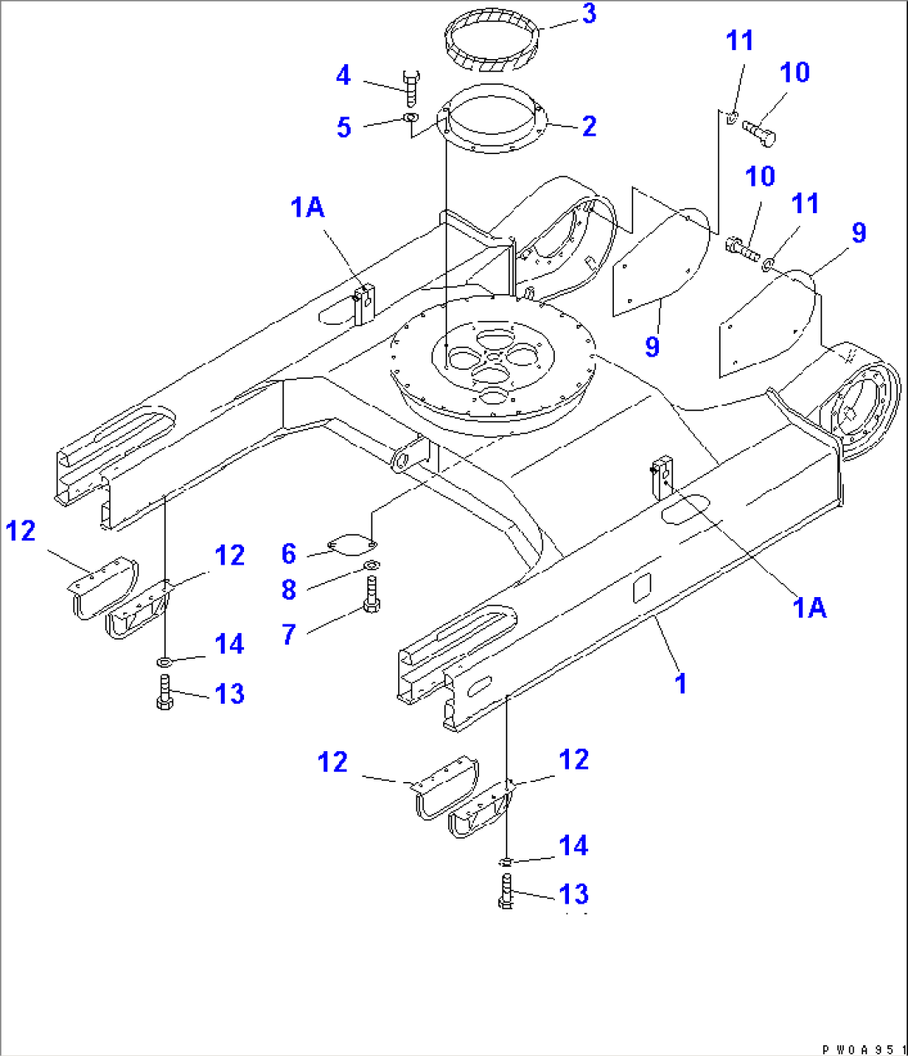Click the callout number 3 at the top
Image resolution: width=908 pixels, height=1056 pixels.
pos(589,14)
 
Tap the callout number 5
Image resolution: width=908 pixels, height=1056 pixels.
pos(344,127)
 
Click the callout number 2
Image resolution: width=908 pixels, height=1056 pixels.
pos(589,127)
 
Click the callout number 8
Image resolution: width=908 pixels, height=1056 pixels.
pos(289,590)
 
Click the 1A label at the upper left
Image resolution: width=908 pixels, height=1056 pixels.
pos(307,207)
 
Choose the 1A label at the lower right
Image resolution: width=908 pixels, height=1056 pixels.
pos(809,608)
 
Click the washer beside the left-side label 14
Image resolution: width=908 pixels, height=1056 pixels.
pos(164,661)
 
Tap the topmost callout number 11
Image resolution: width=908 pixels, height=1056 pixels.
pos(740,41)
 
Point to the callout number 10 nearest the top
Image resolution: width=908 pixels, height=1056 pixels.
pos(795,72)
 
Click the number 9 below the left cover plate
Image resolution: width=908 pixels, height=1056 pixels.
pos(652,346)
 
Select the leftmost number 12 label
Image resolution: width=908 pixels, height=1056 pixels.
pos(21,530)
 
